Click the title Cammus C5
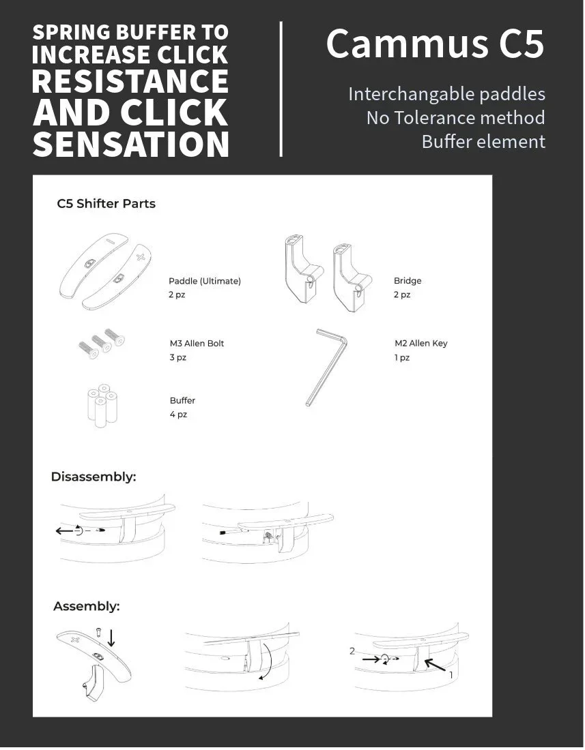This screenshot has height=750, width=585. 435,44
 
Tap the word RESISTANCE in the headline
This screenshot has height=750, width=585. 130,81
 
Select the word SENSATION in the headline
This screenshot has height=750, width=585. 131,144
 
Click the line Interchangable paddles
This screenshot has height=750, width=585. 446,94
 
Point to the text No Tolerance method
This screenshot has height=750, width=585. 455,118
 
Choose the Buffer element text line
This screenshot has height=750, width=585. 483,142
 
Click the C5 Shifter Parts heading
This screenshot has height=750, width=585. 106,204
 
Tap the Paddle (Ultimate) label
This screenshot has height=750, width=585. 205,281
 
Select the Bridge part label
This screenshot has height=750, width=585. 408,281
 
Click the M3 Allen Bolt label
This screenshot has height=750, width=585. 197,344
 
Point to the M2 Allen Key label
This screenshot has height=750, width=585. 420,344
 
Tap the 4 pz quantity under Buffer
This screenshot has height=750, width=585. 178,415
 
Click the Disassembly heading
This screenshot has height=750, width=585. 94,477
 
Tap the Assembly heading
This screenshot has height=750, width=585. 87,606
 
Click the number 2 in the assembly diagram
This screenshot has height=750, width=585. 352,651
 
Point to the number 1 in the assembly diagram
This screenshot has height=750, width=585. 451,674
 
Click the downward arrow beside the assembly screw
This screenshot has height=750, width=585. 111,638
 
